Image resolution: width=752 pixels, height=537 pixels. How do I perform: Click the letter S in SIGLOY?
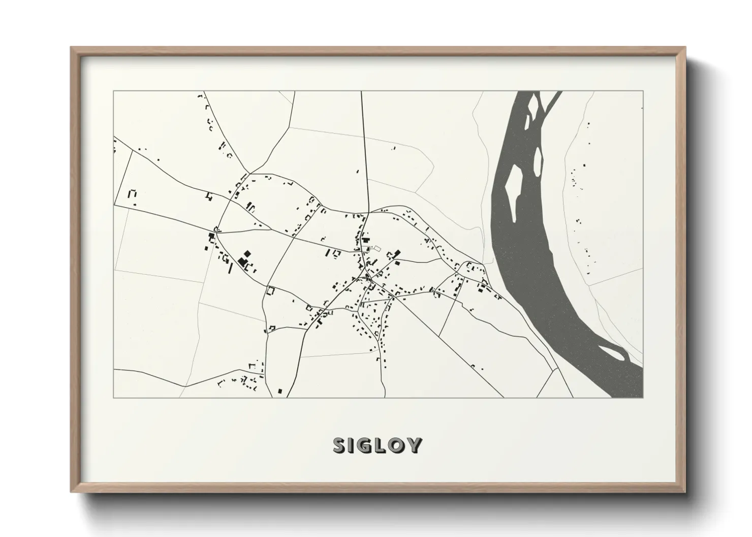[340, 445]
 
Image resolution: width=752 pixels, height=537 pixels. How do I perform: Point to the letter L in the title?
[384, 445]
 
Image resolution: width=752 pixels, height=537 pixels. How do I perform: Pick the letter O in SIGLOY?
[399, 445]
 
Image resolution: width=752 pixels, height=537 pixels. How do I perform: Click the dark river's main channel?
[539, 254]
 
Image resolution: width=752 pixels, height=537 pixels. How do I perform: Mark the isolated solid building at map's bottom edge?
[279, 391]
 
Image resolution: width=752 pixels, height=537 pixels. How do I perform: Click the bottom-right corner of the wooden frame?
[685, 491]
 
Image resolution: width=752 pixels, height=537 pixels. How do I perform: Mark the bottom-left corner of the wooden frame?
[72, 491]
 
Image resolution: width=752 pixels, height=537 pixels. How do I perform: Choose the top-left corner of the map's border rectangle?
[114, 91]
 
